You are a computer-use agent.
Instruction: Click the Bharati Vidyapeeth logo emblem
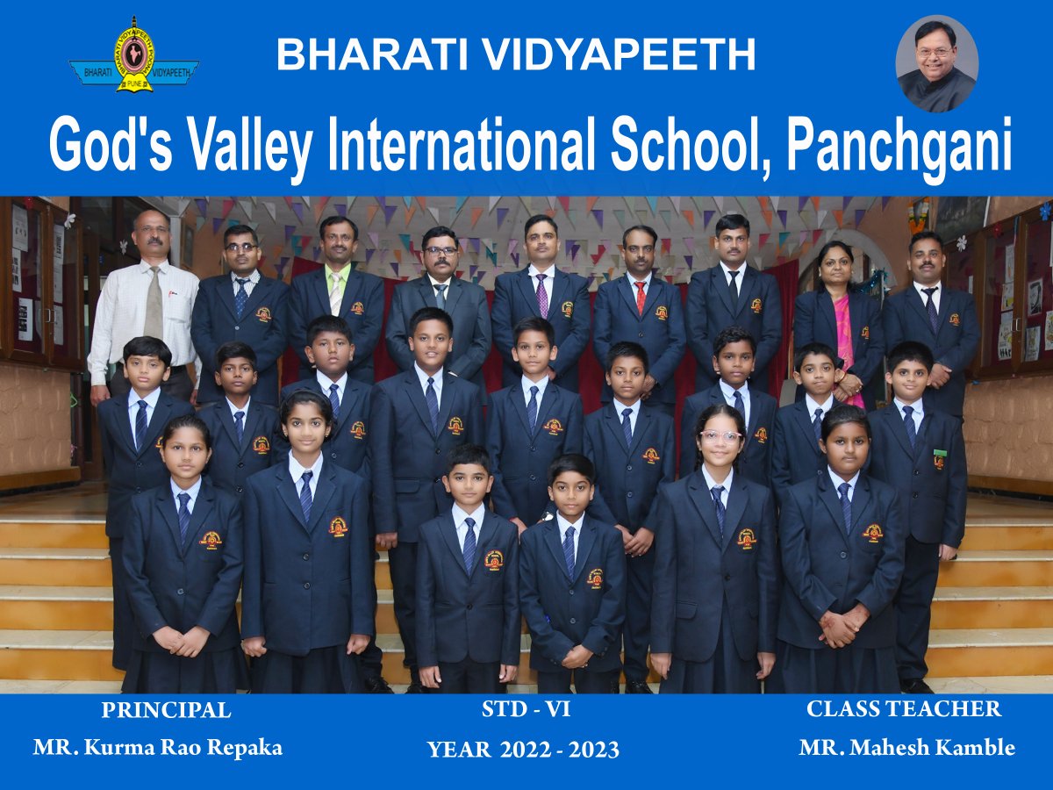(134, 55)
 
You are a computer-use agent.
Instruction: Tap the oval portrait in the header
(937, 63)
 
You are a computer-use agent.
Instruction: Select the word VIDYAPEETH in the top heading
(619, 55)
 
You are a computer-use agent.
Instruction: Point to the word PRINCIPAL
(166, 710)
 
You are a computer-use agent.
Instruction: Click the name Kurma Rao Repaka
(183, 748)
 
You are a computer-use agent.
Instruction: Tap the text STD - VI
(526, 709)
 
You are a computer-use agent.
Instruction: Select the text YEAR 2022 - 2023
(523, 750)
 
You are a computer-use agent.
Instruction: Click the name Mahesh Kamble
(932, 748)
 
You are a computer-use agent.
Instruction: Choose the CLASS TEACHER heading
(904, 709)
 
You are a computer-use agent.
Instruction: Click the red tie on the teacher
(641, 298)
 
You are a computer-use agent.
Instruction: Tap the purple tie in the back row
(541, 296)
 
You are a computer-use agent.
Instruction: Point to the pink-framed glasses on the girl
(721, 436)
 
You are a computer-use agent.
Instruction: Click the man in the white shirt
(144, 307)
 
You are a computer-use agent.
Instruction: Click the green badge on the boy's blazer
(940, 452)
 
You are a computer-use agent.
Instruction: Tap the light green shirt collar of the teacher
(337, 275)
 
